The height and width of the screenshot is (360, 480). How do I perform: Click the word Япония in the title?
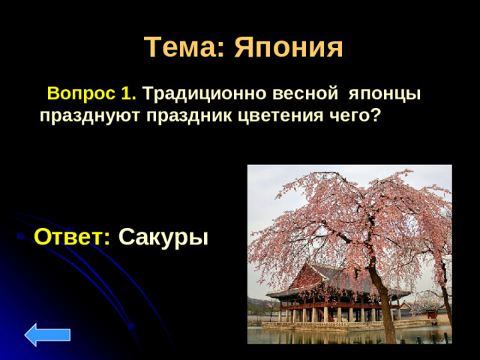pyautogui.click(x=289, y=47)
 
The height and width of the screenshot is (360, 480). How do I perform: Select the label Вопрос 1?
pyautogui.click(x=91, y=94)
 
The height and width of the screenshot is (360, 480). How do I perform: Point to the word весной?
pyautogui.click(x=300, y=94)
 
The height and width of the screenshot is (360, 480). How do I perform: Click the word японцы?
pyautogui.click(x=382, y=94)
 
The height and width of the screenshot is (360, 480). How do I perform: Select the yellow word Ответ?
pyautogui.click(x=73, y=236)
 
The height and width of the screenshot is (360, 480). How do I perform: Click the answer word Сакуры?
pyautogui.click(x=163, y=237)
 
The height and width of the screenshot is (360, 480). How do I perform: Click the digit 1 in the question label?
pyautogui.click(x=127, y=94)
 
